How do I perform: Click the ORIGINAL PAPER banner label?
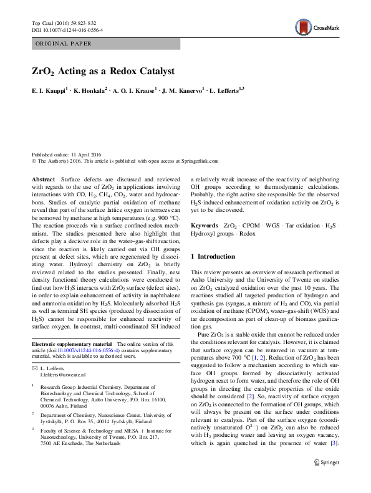tap(63, 44)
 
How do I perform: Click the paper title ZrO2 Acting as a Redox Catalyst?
tap(103, 72)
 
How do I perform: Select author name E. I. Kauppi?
tap(49, 91)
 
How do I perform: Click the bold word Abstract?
tap(43, 178)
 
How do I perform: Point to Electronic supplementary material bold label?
tap(71, 344)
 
